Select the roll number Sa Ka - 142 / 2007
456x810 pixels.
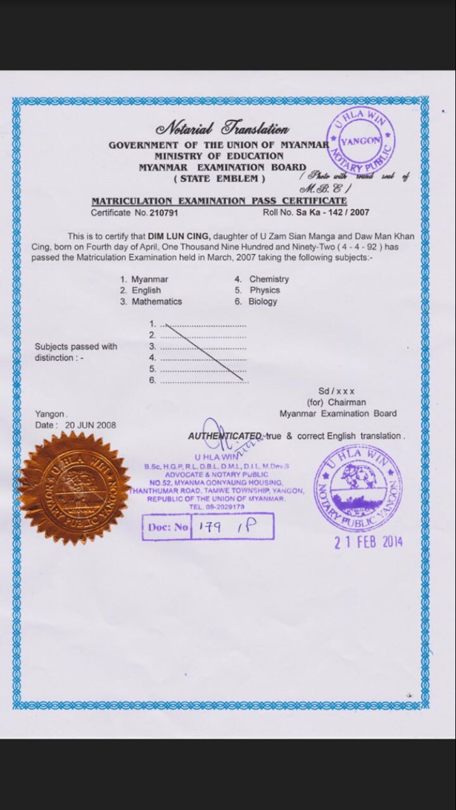pyautogui.click(x=332, y=213)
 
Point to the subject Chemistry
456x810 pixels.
pyautogui.click(x=269, y=279)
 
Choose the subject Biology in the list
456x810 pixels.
pyautogui.click(x=262, y=302)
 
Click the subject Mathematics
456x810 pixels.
pyautogui.click(x=156, y=302)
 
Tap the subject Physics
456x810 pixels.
pyautogui.click(x=264, y=290)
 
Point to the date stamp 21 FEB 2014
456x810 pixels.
pyautogui.click(x=368, y=542)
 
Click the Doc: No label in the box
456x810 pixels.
pyautogui.click(x=168, y=526)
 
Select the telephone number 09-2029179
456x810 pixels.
pyautogui.click(x=224, y=508)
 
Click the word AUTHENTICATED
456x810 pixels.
pyautogui.click(x=225, y=436)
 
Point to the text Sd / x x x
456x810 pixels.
pyautogui.click(x=336, y=391)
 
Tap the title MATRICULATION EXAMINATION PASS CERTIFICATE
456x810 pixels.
pyautogui.click(x=219, y=201)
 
